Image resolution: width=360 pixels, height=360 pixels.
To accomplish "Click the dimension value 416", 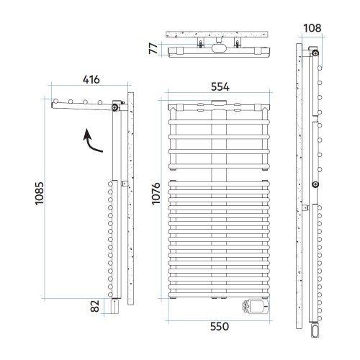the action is pos(91,79).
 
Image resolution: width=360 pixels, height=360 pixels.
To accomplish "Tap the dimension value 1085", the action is pos(40,194).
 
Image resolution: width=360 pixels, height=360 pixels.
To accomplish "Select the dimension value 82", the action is pos(95,306).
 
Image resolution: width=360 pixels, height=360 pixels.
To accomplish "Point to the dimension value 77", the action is pos(153,48).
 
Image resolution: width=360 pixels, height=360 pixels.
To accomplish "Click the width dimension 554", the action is pos(220,86).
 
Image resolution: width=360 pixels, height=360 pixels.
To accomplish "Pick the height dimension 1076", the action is pos(156,194).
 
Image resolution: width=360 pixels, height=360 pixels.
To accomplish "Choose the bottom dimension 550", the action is pos(220,326).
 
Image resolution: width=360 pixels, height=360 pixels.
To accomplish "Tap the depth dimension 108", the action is pos(312,28).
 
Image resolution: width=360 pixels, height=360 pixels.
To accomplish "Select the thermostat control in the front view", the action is pos(256,306).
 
